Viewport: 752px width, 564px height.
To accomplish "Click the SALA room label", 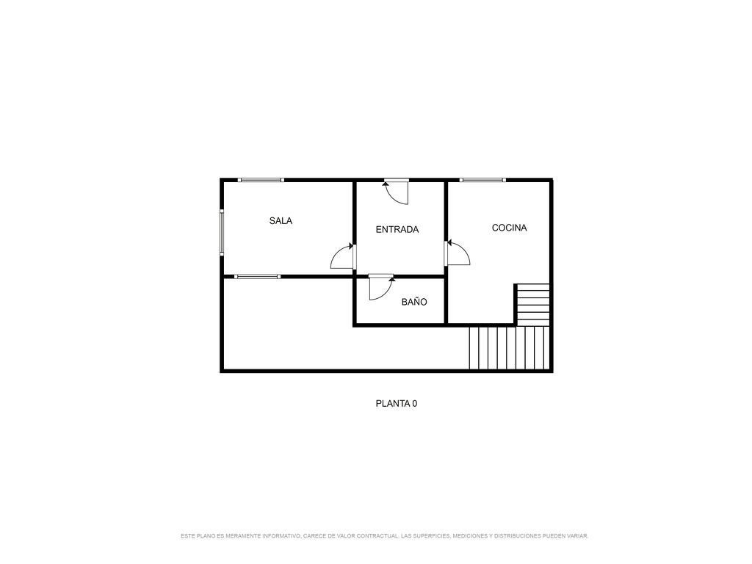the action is click(x=281, y=220).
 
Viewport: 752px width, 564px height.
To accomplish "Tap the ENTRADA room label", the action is click(x=397, y=230).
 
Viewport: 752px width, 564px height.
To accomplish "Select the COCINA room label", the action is click(x=510, y=228).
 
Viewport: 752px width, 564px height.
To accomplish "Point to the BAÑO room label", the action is click(x=414, y=302).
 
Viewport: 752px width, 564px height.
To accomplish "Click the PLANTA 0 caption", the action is click(x=396, y=404).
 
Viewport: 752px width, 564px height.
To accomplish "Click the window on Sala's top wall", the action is click(x=261, y=180).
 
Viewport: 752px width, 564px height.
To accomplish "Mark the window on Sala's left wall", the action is click(x=222, y=231).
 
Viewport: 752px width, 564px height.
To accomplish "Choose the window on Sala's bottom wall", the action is click(x=257, y=276).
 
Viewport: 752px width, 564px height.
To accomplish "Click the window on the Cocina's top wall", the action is click(x=482, y=180).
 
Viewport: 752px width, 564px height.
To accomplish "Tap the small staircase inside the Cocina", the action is click(x=532, y=304).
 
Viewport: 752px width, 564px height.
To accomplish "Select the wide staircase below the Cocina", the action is click(x=510, y=347).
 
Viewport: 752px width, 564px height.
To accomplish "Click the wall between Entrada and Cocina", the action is click(x=446, y=252).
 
